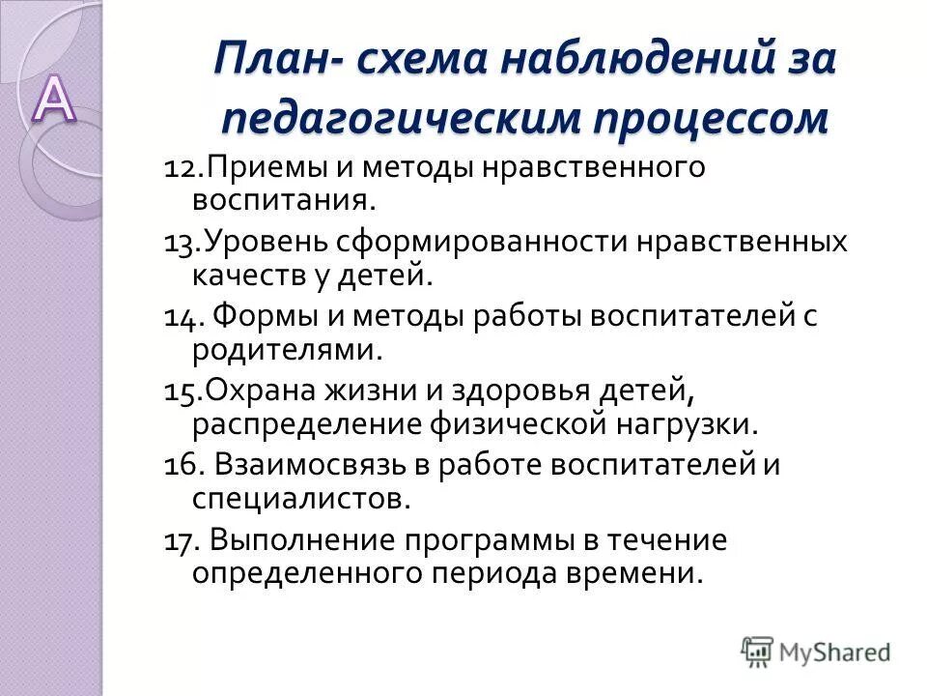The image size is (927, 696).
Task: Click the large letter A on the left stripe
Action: click(x=56, y=100)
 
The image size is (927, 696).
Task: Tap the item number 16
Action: click(x=181, y=465)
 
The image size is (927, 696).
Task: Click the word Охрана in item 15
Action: click(x=258, y=391)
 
